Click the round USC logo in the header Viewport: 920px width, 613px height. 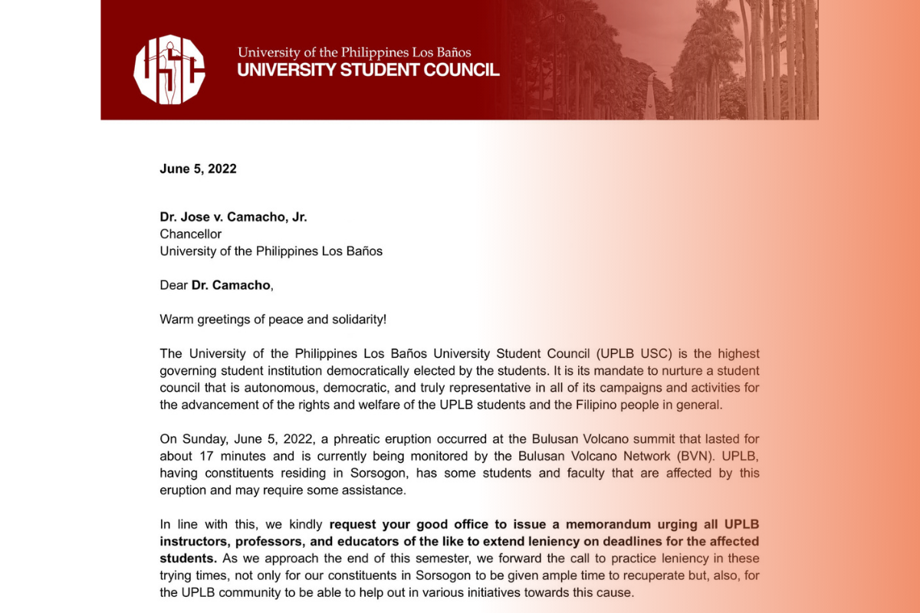click(169, 70)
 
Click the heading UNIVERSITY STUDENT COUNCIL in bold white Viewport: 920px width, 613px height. click(368, 70)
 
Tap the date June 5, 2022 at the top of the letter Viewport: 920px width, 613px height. click(198, 169)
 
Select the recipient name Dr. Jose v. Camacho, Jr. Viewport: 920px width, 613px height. click(233, 217)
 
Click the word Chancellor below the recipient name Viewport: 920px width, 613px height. click(190, 234)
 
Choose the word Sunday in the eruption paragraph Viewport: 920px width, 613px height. click(202, 439)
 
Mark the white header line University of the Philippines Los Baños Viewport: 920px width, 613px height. click(354, 52)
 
